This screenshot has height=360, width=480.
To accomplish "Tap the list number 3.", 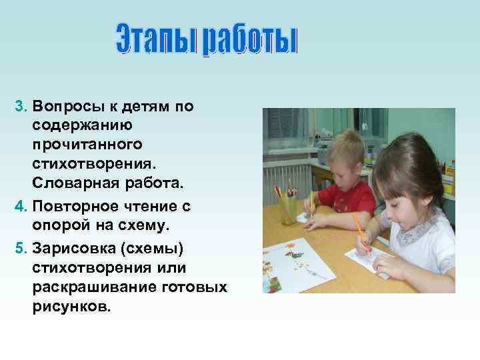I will click(x=19, y=107).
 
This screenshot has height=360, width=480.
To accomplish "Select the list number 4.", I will click(x=19, y=207).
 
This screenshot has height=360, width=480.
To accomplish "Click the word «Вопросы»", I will click(x=67, y=107).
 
